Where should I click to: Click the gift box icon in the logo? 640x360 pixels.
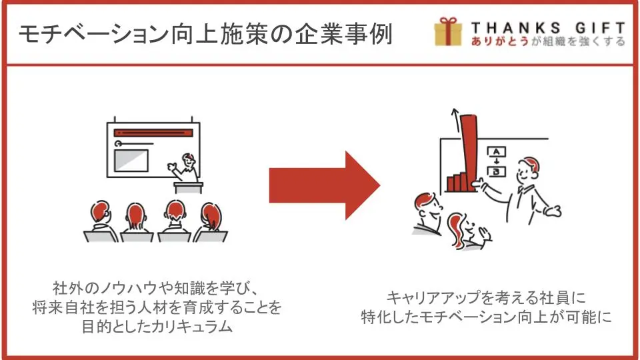point(448,32)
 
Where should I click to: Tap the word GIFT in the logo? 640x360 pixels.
point(601,28)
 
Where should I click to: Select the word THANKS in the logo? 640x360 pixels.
point(515,28)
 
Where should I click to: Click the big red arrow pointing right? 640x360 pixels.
point(325,185)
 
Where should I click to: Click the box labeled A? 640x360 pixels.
point(496,152)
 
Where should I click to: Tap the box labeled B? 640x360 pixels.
point(496,171)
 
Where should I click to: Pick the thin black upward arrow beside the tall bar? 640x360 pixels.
point(455,120)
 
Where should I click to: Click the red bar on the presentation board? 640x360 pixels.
point(153,133)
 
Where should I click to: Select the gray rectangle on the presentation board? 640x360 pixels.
point(131,161)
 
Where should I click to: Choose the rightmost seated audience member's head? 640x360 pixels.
point(211,214)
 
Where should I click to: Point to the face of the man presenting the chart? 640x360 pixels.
point(527,171)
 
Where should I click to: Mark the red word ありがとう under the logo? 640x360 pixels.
point(499,41)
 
